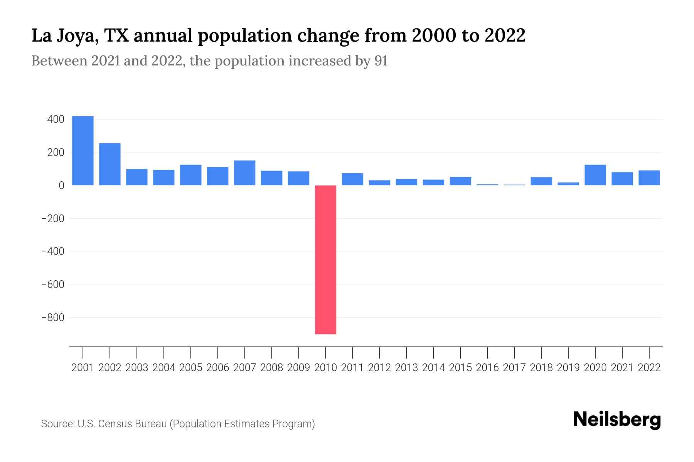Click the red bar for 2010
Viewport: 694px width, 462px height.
[x=325, y=259]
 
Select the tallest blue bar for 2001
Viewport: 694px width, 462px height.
[x=83, y=151]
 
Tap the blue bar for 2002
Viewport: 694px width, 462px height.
[x=110, y=164]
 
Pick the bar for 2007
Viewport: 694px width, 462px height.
[x=244, y=173]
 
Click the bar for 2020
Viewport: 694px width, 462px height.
[x=595, y=175]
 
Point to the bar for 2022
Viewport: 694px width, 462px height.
[x=649, y=178]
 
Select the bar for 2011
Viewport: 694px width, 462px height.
[x=352, y=179]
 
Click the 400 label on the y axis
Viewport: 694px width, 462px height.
[x=56, y=119]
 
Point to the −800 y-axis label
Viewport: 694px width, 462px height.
[x=53, y=318]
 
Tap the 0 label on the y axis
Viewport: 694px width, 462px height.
[x=61, y=186]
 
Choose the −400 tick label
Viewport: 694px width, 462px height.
[x=53, y=251]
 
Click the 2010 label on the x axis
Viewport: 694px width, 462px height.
[x=325, y=368]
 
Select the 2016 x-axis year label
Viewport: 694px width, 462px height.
[x=487, y=368]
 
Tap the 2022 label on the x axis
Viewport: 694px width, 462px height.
[x=649, y=368]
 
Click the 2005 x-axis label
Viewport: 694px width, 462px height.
[x=191, y=368]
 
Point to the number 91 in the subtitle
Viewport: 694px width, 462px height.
[x=381, y=61]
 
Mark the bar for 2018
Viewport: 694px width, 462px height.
[x=541, y=181]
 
